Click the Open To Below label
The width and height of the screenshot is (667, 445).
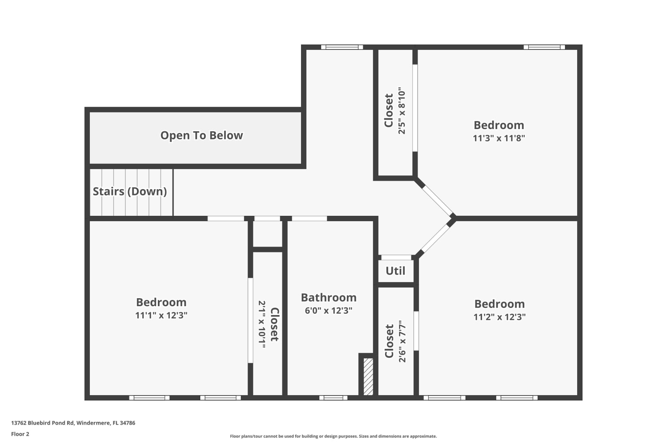point(201,135)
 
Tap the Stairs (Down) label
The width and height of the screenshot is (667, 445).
point(130,191)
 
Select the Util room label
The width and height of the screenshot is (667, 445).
point(395,271)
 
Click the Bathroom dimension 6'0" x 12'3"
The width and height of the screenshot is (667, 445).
point(329,311)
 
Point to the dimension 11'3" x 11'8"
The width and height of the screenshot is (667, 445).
point(499,138)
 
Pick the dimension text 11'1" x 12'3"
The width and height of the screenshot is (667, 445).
point(161,315)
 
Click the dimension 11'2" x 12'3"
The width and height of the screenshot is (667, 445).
point(499,316)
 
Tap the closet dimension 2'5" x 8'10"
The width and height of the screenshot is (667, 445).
point(402,110)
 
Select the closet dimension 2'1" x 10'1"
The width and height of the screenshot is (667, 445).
point(262,324)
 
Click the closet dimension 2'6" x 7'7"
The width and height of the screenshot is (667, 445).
point(402,341)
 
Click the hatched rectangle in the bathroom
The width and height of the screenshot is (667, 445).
point(368,377)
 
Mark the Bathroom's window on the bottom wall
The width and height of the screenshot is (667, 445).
point(333,398)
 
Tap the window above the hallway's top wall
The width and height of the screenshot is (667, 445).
point(342,47)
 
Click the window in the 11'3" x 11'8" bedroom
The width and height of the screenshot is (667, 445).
point(544,47)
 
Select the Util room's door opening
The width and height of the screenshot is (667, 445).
point(396,258)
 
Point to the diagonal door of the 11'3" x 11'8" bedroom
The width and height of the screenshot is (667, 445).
point(437,200)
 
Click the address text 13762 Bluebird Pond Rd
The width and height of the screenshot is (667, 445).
point(43,423)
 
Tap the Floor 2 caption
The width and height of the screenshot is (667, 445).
point(20,434)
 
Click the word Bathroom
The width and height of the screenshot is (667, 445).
point(329,297)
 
